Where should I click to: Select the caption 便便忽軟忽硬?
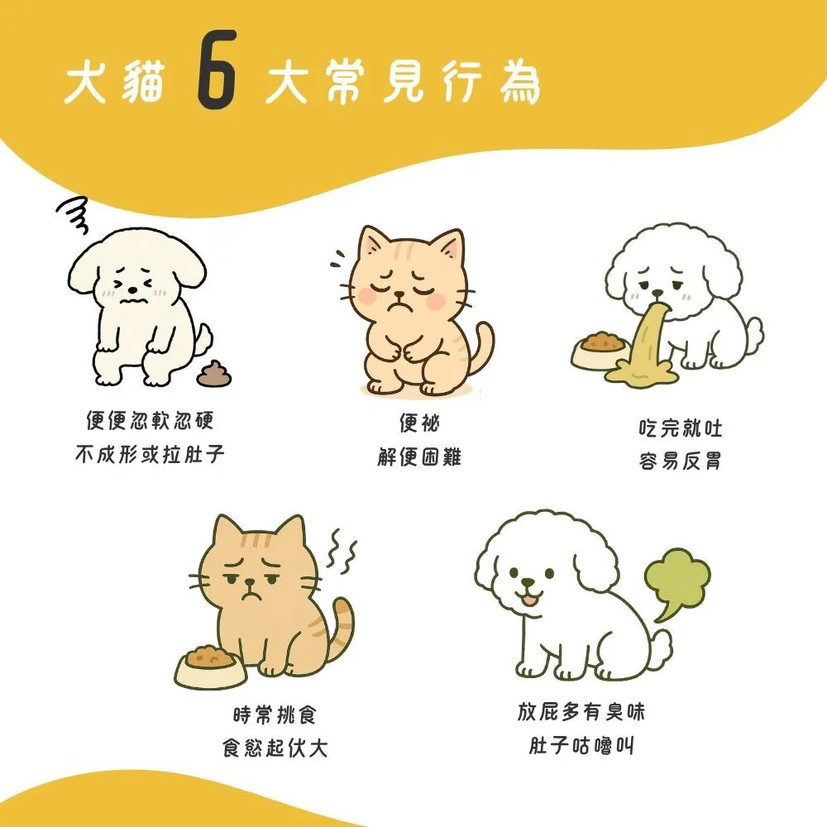[x=150, y=421]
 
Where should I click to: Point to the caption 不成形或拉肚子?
[x=150, y=454]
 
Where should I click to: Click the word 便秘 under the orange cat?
[x=419, y=423]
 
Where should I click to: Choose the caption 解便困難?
[x=419, y=457]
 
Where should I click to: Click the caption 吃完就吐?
[x=681, y=428]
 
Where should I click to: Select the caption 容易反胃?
[x=681, y=461]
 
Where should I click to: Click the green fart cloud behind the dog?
[x=677, y=580]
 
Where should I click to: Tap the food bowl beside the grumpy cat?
[x=211, y=666]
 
